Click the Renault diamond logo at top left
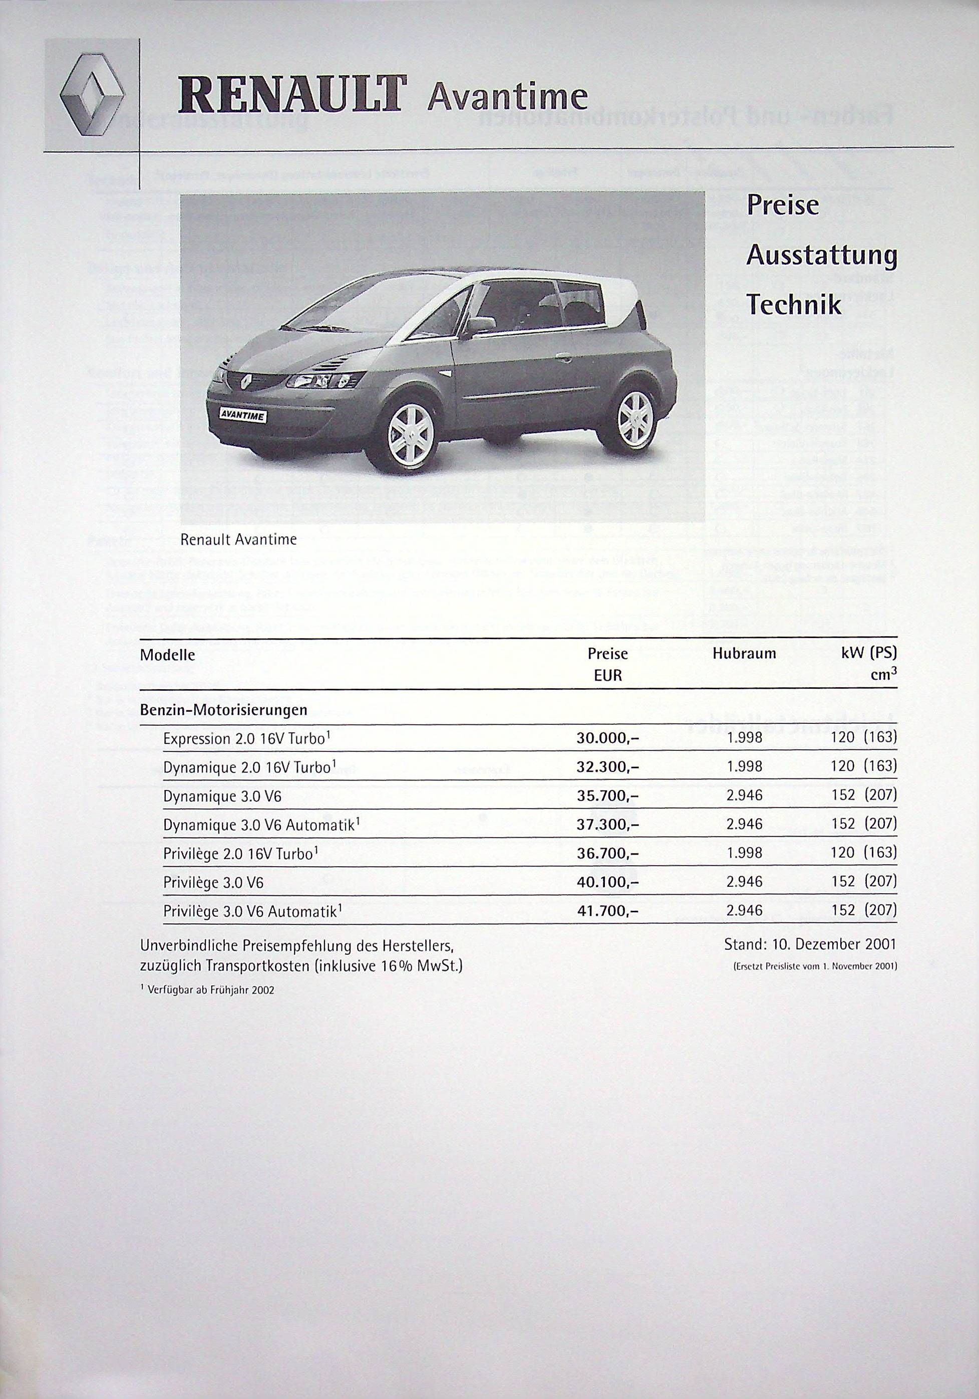[93, 94]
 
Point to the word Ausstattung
[821, 256]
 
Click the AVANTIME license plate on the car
[242, 416]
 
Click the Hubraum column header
[744, 654]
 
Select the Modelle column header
[167, 655]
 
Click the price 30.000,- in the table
[607, 738]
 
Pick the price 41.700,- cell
[607, 911]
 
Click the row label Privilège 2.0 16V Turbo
[240, 854]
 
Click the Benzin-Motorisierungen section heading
[223, 710]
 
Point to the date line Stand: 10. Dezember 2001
[810, 945]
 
